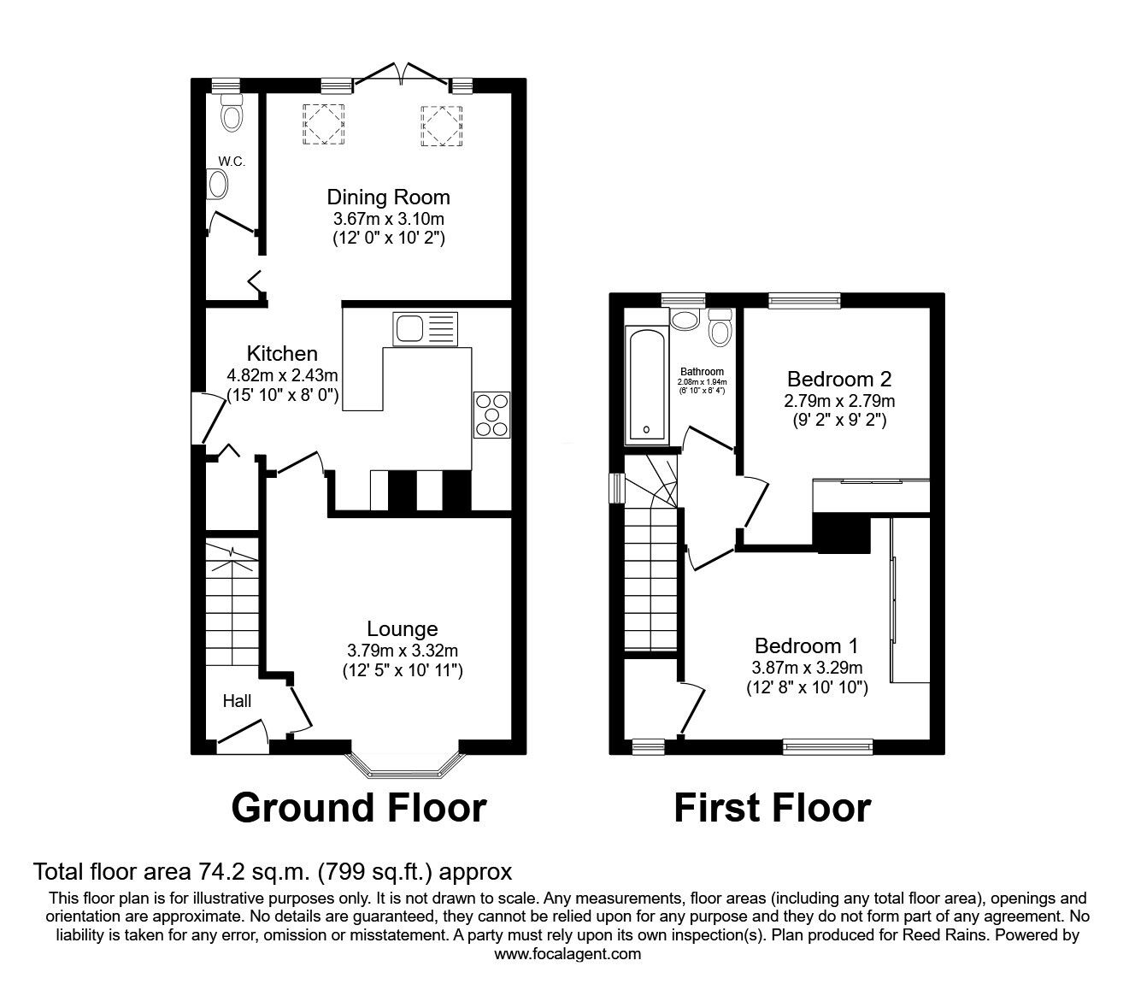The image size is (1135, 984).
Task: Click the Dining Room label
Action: [389, 197]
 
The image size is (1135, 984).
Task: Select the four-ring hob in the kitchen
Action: [491, 415]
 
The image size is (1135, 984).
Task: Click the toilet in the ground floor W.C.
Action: [232, 114]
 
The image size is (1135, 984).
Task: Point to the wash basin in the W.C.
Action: [219, 184]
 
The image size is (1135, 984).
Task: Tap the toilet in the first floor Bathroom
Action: [720, 327]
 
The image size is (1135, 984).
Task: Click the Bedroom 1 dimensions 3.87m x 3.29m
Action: [806, 668]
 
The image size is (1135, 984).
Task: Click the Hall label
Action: [237, 701]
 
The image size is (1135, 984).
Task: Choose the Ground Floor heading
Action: [359, 808]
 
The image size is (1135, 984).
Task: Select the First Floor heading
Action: [772, 808]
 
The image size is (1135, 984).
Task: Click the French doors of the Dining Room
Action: [401, 75]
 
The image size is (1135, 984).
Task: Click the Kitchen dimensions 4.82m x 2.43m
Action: [282, 375]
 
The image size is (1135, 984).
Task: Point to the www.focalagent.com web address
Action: [567, 954]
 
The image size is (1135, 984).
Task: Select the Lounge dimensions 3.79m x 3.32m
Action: [402, 651]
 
